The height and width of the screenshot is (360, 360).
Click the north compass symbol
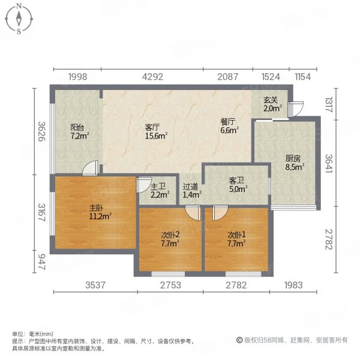click(19, 19)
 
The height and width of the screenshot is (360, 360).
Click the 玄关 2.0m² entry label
click(272, 104)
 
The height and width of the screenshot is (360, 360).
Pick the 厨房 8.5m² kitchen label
click(292, 163)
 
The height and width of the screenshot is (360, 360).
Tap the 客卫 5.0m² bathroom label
click(238, 185)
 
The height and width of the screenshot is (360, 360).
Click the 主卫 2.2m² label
click(159, 190)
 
